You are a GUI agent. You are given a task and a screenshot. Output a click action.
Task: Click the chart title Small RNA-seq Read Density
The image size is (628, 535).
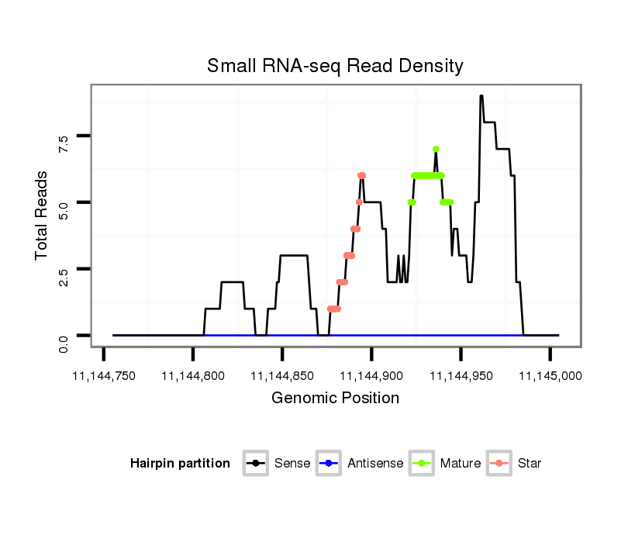coord(335,66)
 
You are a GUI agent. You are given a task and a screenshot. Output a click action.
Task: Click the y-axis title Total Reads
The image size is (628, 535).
coord(42,215)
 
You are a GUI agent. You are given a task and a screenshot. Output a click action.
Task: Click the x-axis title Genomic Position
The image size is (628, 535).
coord(335,399)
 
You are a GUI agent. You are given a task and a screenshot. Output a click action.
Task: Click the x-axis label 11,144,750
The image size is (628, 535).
coord(104,376)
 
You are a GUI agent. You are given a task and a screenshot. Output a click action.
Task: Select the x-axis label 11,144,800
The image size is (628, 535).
coord(193,376)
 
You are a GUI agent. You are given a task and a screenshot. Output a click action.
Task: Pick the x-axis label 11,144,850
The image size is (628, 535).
coord(282,376)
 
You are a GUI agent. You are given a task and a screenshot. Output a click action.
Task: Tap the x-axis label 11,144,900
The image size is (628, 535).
coord(372,376)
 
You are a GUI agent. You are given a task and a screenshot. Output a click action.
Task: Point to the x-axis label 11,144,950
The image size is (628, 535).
coord(461,376)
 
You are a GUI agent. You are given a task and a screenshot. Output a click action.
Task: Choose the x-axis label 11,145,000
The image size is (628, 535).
coord(550,376)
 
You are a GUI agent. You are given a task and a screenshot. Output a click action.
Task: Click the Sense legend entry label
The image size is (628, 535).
coord(292,464)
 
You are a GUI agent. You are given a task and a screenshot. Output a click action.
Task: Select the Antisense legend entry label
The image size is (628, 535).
coord(375,464)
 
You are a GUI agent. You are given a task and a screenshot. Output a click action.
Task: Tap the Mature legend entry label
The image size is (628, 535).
coord(461,464)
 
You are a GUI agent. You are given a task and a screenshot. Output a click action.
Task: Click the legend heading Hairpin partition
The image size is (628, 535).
coord(180,464)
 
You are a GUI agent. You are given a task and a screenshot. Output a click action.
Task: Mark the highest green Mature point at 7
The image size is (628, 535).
coord(436,149)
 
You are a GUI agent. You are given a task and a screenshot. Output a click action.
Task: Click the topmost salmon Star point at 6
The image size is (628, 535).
coord(361,175)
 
